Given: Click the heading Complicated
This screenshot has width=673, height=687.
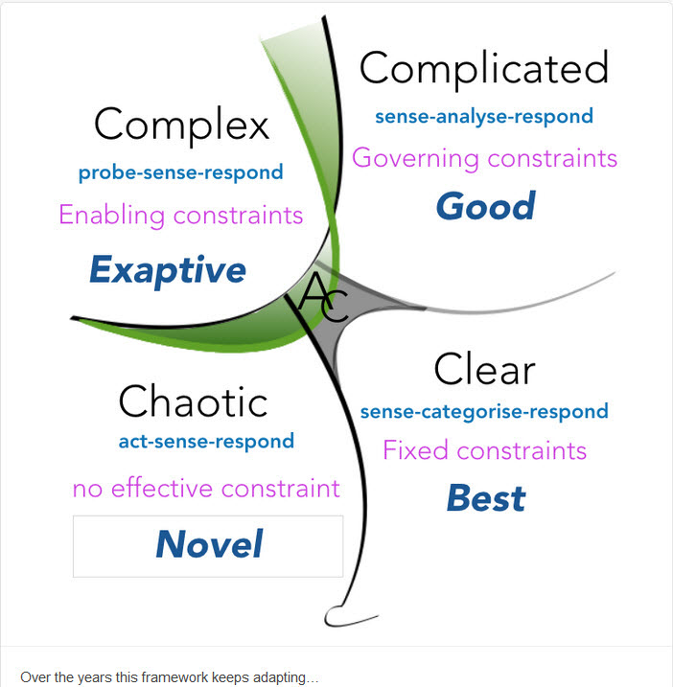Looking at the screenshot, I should point(483,69).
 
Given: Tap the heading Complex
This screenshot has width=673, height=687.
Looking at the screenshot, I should point(182,125).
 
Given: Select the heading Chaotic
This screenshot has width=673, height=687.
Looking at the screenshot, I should point(193,401).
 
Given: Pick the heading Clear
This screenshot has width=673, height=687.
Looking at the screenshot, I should point(483,369).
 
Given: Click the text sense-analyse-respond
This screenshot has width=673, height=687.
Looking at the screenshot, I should point(484,117).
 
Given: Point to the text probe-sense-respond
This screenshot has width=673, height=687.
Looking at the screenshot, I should point(181,173).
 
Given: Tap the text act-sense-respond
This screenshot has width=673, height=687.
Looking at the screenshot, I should point(206,442).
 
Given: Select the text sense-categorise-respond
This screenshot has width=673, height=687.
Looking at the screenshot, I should point(484,412).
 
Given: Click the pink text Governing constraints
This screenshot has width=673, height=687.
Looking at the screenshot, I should point(484,158).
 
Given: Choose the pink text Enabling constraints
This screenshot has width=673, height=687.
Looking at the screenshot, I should point(181,215).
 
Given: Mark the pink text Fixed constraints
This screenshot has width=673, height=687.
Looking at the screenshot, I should point(484,449).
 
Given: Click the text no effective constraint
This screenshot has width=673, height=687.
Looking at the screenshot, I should point(206,489).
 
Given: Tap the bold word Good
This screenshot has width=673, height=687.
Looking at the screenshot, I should point(485,206).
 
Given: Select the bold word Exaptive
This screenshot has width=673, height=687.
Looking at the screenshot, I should point(168,270).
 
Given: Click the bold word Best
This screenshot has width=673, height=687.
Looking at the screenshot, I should point(486,498).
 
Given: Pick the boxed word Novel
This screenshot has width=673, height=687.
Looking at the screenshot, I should point(208,545).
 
